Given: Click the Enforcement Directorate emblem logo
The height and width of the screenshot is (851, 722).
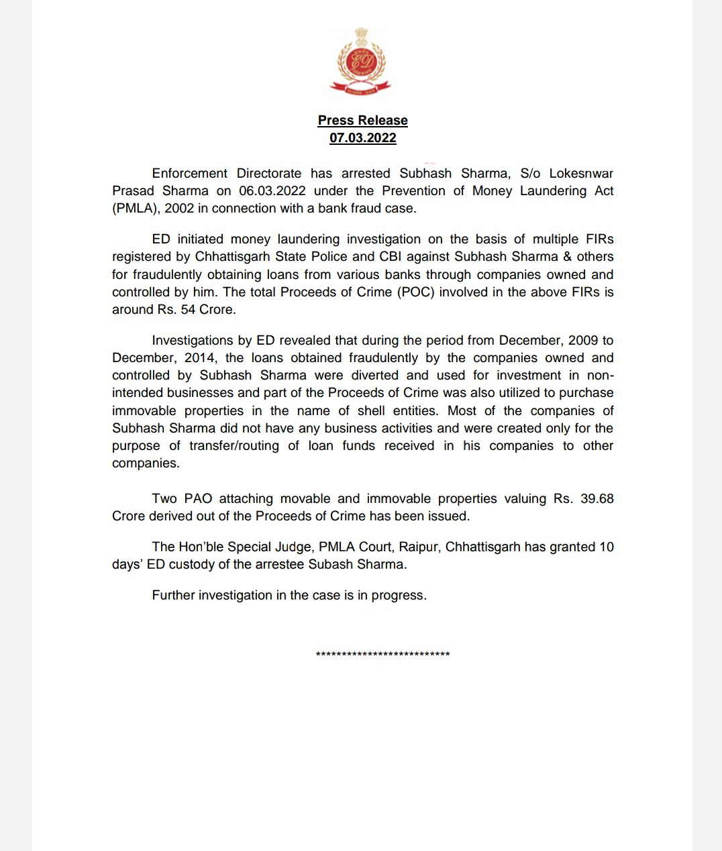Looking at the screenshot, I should tap(360, 62).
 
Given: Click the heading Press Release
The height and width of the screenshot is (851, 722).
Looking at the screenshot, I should tap(362, 120).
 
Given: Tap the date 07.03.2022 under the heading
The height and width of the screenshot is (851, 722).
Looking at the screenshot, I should tap(362, 137).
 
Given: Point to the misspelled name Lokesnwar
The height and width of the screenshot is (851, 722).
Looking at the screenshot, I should tap(581, 173).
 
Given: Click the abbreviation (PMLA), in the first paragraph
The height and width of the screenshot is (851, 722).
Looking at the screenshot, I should tap(136, 208).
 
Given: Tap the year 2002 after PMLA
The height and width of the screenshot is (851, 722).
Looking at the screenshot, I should tap(179, 208).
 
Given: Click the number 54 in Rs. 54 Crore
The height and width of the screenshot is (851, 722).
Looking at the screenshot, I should tap(189, 309).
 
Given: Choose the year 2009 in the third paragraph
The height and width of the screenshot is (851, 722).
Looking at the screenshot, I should tap(582, 340).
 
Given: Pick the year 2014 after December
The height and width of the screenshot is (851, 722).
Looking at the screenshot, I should tap(200, 357).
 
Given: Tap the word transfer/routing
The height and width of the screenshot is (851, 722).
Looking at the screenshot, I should tap(234, 445).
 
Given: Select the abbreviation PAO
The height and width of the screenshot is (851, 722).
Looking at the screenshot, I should tap(198, 498).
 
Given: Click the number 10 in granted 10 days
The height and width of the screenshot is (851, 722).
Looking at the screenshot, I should tap(606, 547).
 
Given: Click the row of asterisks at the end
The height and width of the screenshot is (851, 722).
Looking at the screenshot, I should tap(382, 654).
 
